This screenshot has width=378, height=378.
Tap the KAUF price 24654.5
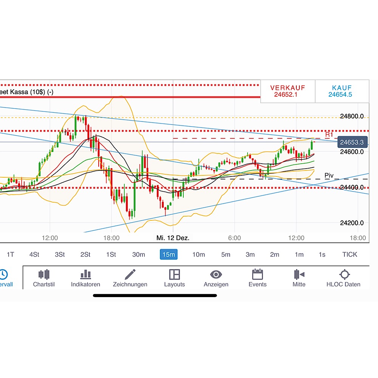click(x=340, y=94)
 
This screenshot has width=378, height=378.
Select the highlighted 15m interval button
click(x=169, y=254)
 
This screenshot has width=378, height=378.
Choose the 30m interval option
click(x=138, y=254)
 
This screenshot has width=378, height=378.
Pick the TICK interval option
click(x=349, y=254)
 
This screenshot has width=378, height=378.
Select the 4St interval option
click(x=34, y=254)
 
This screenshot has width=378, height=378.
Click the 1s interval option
click(x=322, y=254)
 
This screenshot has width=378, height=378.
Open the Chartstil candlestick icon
click(x=44, y=274)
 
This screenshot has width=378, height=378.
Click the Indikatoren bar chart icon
click(x=85, y=274)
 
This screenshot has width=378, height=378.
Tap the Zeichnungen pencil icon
click(x=130, y=274)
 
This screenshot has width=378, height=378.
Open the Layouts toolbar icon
click(x=174, y=274)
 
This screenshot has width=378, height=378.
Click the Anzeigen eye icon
click(x=216, y=274)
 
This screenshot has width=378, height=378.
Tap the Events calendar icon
click(x=257, y=274)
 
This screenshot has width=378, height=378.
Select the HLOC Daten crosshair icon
click(x=344, y=274)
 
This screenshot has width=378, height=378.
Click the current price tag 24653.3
click(x=352, y=142)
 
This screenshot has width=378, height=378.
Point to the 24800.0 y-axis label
click(x=352, y=116)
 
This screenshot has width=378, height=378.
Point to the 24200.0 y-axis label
click(x=352, y=223)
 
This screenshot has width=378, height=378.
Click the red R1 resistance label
click(x=329, y=135)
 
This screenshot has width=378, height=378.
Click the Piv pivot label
click(x=329, y=175)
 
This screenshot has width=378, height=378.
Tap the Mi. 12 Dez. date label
click(x=173, y=238)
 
